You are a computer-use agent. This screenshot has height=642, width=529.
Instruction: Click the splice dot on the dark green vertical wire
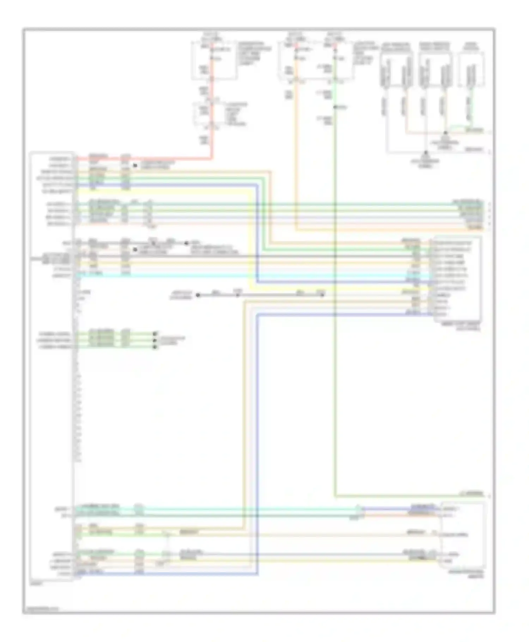335,107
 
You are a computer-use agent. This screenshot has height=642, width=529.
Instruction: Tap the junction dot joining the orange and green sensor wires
445,133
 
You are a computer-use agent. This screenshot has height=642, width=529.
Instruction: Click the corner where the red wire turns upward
212,158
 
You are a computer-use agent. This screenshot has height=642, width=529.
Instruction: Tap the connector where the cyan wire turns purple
358,508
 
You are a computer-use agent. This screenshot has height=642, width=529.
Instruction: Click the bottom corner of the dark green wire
334,496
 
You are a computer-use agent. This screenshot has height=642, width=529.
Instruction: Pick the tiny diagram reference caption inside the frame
42,608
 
